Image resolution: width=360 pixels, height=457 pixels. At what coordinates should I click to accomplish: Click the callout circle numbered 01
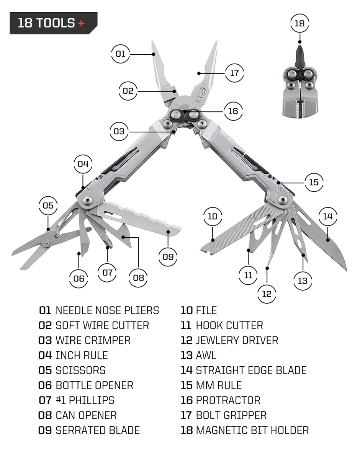(x=120, y=54)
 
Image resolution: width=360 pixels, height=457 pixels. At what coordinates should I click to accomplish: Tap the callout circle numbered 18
(x=299, y=23)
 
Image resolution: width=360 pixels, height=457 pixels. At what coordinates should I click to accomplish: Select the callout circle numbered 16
(x=233, y=111)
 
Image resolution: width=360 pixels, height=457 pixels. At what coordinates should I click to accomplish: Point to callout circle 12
(x=267, y=294)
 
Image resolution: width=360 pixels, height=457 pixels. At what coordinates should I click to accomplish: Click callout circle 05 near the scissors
(x=48, y=206)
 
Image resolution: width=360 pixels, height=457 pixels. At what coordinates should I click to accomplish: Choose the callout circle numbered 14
(x=328, y=217)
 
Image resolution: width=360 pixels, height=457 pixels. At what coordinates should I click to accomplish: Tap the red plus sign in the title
(x=81, y=23)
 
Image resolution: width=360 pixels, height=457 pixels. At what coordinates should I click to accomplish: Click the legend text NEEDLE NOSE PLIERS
(x=107, y=310)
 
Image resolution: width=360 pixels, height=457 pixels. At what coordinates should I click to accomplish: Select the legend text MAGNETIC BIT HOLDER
(x=252, y=430)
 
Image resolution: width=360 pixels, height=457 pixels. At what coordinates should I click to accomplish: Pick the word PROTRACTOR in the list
(x=228, y=400)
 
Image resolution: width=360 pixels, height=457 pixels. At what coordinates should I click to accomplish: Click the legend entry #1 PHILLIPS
(x=85, y=400)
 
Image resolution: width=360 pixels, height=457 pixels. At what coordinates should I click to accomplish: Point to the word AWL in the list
(x=206, y=355)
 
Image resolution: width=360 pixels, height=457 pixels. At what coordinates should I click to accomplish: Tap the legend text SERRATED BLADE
(x=98, y=430)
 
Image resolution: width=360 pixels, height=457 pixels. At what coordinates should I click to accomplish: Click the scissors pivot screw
(x=47, y=240)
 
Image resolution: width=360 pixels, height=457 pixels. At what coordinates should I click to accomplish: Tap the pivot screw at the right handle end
(x=283, y=199)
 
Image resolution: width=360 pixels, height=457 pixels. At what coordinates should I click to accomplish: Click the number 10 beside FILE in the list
(x=187, y=310)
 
